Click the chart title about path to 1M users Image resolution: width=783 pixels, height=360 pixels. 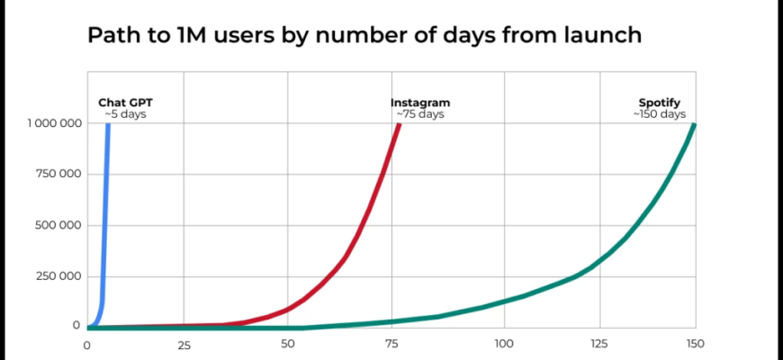(x=364, y=36)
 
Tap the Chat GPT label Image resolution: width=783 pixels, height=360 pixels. (x=125, y=103)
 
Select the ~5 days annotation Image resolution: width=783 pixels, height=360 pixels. (x=125, y=114)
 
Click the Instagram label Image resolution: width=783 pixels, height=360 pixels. (x=419, y=103)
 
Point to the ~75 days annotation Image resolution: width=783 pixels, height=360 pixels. (x=419, y=114)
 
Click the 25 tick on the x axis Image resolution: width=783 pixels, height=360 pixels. (x=184, y=345)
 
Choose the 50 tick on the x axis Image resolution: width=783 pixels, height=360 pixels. (x=288, y=345)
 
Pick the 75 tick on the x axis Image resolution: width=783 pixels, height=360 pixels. (x=393, y=345)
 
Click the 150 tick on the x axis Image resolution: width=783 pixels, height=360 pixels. (x=695, y=345)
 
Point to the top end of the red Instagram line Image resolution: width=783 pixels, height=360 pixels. (x=399, y=125)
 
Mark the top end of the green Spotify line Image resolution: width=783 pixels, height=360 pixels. (x=694, y=125)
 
